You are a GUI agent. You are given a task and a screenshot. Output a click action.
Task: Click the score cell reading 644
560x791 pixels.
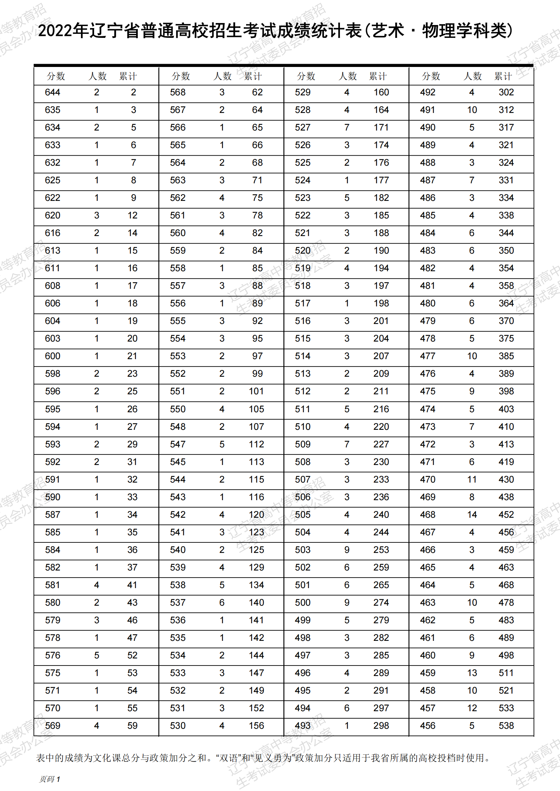pos(52,92)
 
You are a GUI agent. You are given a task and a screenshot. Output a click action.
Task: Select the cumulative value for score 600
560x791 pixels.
pos(132,356)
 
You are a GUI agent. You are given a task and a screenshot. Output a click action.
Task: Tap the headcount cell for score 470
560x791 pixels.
pos(472,480)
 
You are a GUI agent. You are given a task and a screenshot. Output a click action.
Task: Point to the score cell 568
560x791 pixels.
pos(178,92)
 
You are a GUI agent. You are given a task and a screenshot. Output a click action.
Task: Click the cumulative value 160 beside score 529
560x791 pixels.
pos(381,92)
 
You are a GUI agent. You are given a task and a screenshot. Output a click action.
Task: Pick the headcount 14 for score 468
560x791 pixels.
pos(472,515)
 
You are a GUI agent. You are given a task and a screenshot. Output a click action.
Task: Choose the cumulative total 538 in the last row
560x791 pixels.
pos(506,726)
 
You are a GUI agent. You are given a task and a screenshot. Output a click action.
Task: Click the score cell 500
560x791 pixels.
pos(302,603)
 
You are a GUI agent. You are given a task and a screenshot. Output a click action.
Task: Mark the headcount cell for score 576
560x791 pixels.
pos(96,655)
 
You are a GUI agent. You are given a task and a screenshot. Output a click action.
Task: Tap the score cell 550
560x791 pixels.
pos(178,409)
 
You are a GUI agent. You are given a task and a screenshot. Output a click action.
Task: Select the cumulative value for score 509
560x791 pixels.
pos(381,444)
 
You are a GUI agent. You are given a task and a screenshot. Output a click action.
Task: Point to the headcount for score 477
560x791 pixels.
pos(472,356)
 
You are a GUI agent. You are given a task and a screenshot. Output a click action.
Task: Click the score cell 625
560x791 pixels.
pos(52,180)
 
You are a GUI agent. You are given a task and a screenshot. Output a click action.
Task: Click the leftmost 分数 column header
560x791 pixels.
pos(56,76)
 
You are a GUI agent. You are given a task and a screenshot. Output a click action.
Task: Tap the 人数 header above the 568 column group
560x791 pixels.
pos(222,76)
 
